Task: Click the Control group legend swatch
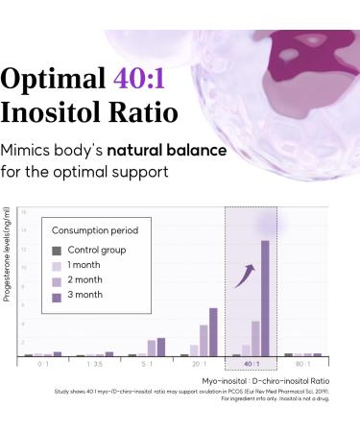[57, 251]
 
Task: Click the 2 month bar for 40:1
[255, 338]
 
